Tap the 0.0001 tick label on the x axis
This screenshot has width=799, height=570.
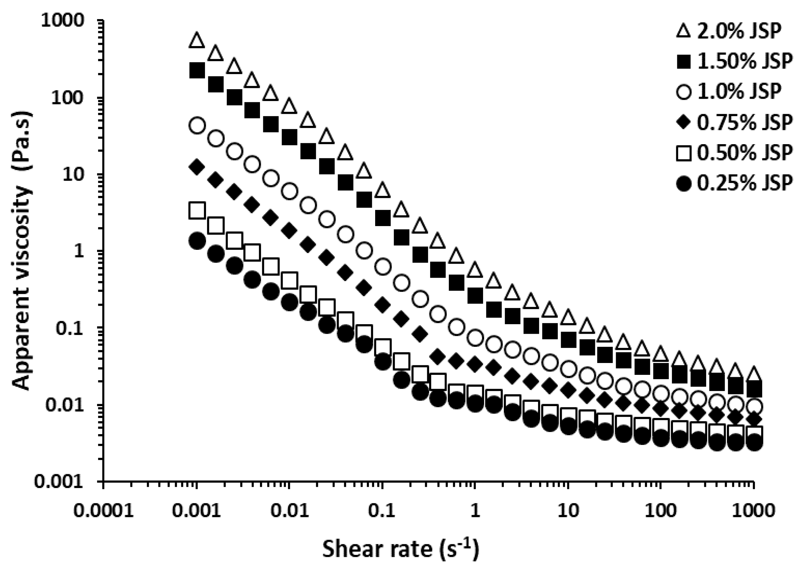point(104,511)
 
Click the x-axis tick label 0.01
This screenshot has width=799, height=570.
point(290,511)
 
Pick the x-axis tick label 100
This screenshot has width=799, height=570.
point(661,511)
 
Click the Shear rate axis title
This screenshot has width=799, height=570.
point(400,549)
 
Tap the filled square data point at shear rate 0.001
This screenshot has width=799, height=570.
point(197,71)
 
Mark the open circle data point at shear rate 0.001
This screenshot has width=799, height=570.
point(197,125)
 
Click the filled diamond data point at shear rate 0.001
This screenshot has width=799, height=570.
point(197,167)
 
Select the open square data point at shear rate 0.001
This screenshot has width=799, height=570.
point(197,211)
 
